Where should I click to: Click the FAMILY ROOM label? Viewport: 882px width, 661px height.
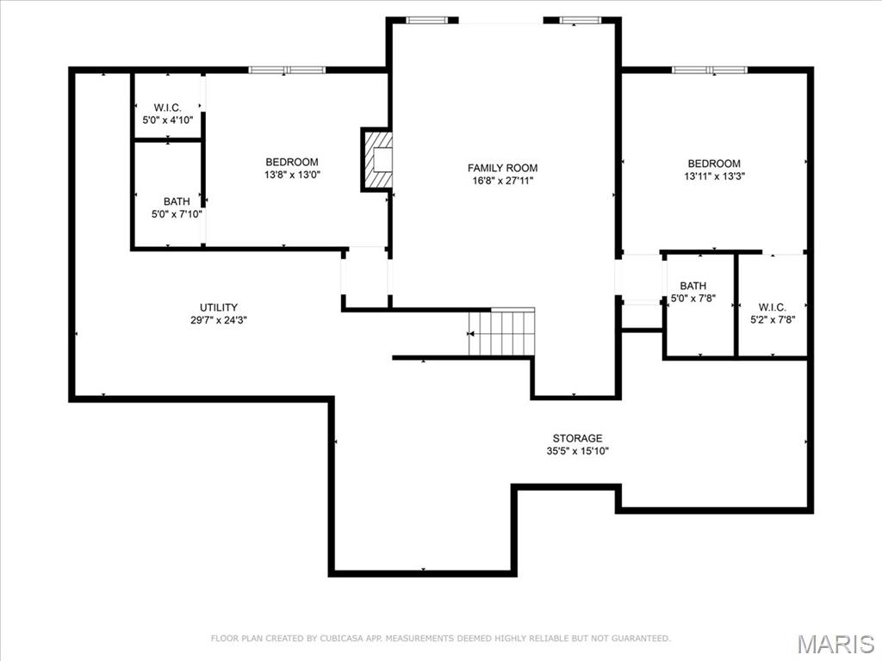[502, 168]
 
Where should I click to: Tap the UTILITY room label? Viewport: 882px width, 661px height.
[219, 307]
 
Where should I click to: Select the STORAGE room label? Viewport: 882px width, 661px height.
[577, 438]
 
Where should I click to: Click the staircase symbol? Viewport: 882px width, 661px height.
[502, 332]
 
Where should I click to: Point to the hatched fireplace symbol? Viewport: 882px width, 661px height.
[377, 159]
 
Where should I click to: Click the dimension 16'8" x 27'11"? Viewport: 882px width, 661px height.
[502, 181]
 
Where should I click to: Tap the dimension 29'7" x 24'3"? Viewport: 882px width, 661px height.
[219, 320]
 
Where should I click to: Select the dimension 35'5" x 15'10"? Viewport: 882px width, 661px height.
[577, 451]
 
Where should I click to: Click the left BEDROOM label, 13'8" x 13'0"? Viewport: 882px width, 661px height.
[291, 162]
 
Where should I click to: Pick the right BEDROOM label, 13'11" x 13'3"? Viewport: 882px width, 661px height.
[713, 164]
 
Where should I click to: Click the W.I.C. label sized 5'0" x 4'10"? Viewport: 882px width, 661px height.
[167, 108]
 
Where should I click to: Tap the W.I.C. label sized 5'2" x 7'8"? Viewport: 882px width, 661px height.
[772, 307]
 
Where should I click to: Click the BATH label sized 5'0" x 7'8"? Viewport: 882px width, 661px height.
[693, 286]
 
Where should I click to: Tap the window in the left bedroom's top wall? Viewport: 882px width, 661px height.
[287, 70]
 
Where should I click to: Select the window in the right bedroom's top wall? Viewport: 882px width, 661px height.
[710, 70]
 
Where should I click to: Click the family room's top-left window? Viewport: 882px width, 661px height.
[426, 20]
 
